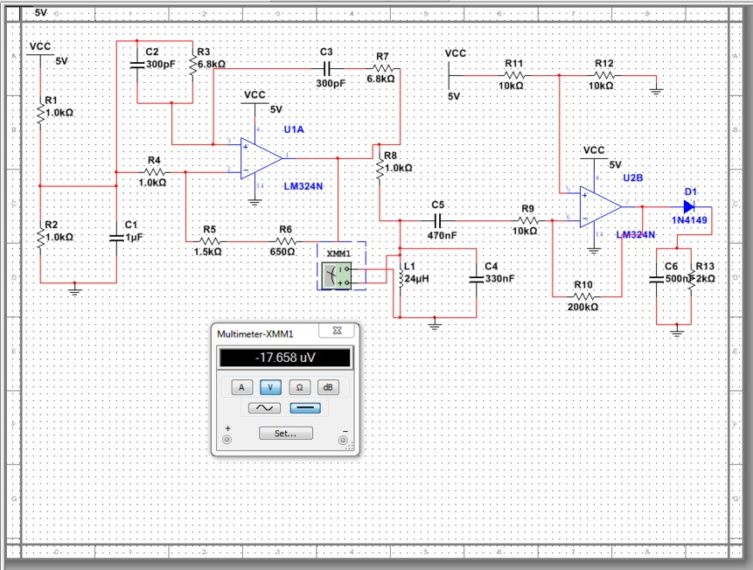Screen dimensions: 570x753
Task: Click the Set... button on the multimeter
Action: click(285, 433)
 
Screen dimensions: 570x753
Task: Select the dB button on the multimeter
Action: click(327, 386)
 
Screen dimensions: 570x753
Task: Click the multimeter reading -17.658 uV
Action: click(285, 358)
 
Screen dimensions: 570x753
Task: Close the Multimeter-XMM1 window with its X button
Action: click(336, 330)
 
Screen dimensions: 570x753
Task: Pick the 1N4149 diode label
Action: click(690, 221)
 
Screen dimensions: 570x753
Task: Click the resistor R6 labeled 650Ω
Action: click(286, 240)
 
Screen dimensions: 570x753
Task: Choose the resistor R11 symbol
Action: click(514, 76)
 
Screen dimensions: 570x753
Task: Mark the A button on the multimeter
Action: click(242, 386)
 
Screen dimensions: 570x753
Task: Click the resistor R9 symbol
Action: click(527, 221)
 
